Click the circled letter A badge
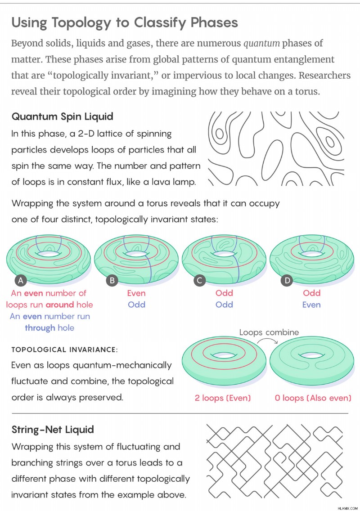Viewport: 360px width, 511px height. [x=21, y=280]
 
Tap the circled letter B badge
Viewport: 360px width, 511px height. [x=112, y=280]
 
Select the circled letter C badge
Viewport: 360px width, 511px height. [x=199, y=280]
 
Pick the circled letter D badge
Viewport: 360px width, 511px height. [x=287, y=280]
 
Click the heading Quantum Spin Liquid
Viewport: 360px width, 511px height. [x=62, y=117]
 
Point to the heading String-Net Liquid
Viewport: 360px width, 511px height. [x=53, y=430]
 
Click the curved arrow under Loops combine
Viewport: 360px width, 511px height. [x=267, y=340]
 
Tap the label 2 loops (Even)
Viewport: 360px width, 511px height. [x=223, y=398]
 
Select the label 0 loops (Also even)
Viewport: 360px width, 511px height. [x=313, y=398]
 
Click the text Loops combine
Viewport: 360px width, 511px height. [x=269, y=332]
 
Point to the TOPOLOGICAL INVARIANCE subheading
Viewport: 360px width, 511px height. [x=64, y=350]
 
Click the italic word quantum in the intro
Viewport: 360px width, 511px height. [x=261, y=43]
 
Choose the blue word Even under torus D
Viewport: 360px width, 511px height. [x=311, y=305]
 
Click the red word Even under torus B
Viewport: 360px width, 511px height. [x=136, y=293]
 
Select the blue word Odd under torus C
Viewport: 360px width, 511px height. [x=225, y=305]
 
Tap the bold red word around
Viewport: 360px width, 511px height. [x=60, y=305]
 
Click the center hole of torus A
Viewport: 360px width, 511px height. [x=49, y=254]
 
